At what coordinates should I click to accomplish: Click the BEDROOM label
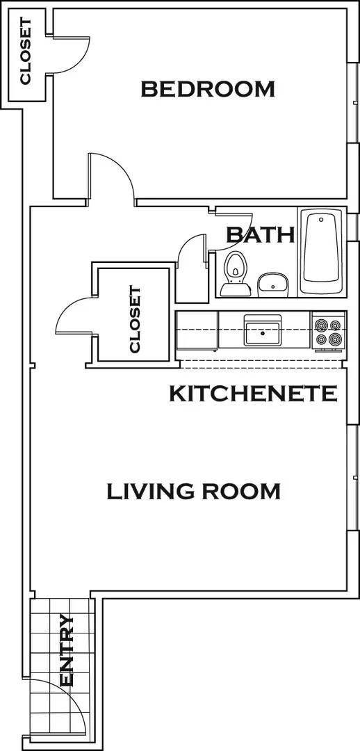[x=208, y=89]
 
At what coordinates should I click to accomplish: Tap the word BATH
[x=261, y=234]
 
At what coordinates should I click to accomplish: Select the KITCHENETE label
[x=254, y=394]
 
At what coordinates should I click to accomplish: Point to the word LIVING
[x=150, y=492]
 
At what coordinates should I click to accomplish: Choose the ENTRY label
[x=67, y=649]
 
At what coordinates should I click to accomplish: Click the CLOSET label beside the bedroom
[x=26, y=51]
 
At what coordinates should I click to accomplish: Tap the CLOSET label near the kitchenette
[x=135, y=320]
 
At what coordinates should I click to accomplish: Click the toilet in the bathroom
[x=235, y=271]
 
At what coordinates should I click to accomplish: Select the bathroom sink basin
[x=273, y=282]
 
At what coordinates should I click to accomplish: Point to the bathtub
[x=322, y=252]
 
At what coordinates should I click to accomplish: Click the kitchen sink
[x=262, y=330]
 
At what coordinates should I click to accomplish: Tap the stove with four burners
[x=329, y=332]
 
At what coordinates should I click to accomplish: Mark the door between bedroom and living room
[x=111, y=177]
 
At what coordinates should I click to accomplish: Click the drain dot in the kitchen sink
[x=262, y=333]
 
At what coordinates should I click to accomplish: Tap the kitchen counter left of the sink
[x=197, y=330]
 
